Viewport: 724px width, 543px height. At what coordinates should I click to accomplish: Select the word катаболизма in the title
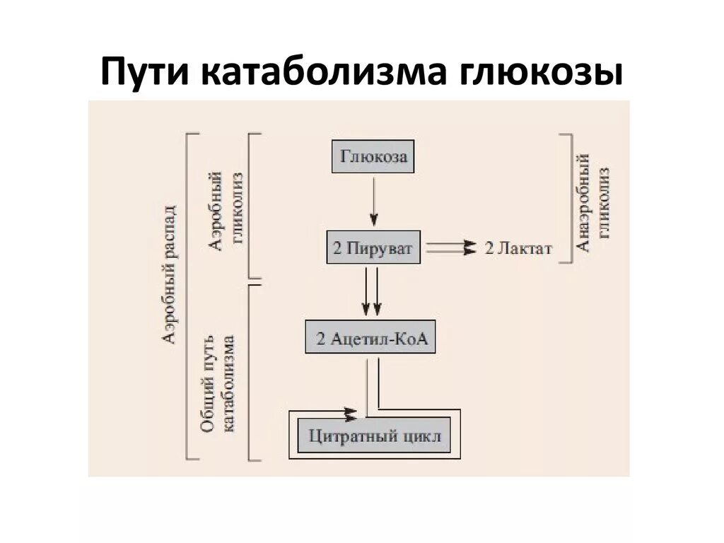tap(317, 73)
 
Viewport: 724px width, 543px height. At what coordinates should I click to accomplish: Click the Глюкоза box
tap(373, 156)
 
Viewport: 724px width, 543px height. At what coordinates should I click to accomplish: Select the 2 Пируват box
tap(373, 247)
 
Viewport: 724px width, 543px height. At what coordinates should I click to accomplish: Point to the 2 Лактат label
tap(518, 248)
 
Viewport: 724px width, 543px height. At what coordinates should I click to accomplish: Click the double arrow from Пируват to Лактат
tap(451, 247)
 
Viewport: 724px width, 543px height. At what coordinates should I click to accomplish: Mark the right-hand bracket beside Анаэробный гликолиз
tap(568, 198)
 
